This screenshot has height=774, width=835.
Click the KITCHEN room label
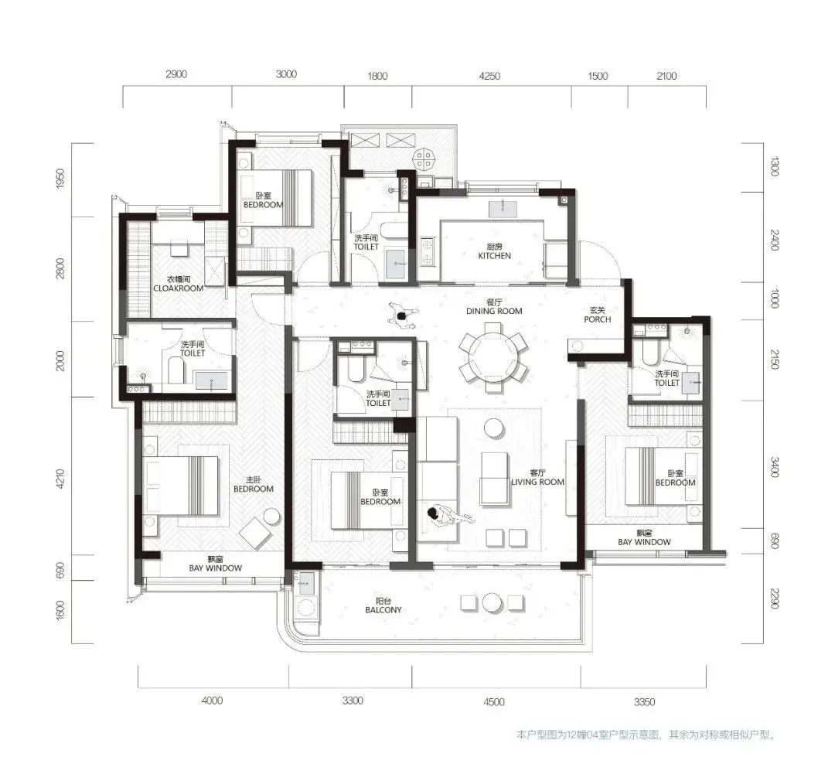tap(494, 256)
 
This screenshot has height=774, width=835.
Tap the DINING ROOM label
tap(494, 311)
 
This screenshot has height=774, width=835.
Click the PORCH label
tap(597, 319)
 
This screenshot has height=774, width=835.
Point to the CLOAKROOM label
tap(179, 288)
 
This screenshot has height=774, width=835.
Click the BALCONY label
tap(383, 610)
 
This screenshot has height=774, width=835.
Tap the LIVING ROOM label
tap(537, 482)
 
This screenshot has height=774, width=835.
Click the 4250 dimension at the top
tap(489, 77)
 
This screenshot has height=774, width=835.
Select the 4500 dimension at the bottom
tap(493, 701)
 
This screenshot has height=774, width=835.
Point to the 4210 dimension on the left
tap(60, 479)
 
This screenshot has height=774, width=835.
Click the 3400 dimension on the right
tap(775, 467)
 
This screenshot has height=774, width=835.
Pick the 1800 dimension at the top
tap(377, 77)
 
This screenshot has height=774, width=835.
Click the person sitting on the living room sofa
tap(448, 515)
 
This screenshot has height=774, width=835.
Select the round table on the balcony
tap(492, 603)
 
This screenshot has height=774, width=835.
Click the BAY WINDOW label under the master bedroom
tap(215, 568)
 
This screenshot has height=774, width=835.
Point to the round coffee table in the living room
tap(494, 428)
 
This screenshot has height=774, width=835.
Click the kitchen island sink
tap(503, 208)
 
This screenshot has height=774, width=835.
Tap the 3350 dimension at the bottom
tap(644, 701)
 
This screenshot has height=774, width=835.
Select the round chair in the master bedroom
tap(271, 517)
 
